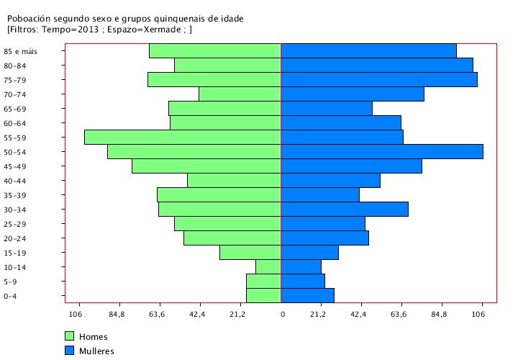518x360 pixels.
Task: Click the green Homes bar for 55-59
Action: [x=182, y=137]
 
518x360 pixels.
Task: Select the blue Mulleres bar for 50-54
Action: [x=381, y=151]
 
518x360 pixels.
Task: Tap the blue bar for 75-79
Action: [x=378, y=79]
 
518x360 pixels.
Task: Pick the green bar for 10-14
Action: [x=268, y=266]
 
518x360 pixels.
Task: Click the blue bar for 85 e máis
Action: [x=368, y=50]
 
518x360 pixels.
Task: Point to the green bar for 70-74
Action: [x=240, y=94]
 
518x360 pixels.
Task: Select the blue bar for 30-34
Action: [x=344, y=209]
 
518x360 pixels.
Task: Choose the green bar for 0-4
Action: [x=263, y=295]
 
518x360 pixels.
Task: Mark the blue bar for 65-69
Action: [x=326, y=108]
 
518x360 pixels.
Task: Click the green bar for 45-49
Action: [x=206, y=166]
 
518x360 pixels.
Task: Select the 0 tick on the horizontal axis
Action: [x=282, y=314]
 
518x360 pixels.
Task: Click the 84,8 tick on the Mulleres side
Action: [x=440, y=314]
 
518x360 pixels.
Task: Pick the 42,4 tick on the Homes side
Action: [x=198, y=314]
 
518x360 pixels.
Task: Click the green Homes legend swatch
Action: [x=70, y=336]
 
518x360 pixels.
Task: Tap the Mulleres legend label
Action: [x=97, y=351]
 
